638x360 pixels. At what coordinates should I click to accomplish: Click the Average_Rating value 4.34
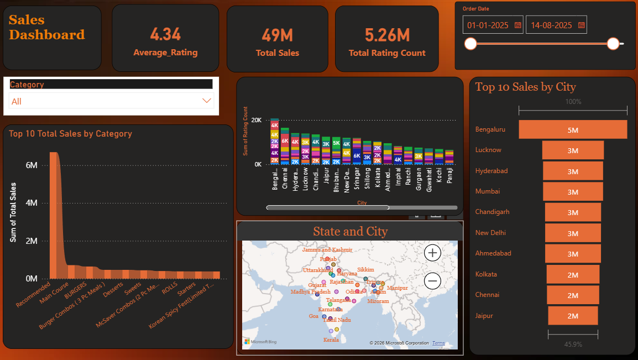point(165,35)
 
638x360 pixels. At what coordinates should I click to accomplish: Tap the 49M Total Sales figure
point(277,35)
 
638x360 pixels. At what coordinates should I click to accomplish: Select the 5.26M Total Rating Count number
point(387,35)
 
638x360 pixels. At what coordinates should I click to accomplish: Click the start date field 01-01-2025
point(489,25)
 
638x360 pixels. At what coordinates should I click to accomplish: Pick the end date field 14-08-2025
point(551,25)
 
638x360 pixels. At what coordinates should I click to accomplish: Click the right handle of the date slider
point(613,44)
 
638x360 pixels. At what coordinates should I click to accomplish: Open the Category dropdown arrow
point(207,101)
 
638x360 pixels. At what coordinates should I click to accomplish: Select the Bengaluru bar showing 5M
point(572,129)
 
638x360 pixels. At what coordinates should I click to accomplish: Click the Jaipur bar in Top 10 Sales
point(573,316)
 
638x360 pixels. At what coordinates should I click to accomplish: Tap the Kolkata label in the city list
point(486,274)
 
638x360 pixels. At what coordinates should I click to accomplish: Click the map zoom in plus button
point(432,253)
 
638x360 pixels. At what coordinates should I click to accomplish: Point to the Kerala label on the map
point(331,340)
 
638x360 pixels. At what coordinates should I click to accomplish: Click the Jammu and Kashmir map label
point(327,250)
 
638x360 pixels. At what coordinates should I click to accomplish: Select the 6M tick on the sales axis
point(32,165)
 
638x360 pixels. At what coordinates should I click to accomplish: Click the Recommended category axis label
point(33,296)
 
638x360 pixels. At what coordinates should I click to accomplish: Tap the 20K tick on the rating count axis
point(256,120)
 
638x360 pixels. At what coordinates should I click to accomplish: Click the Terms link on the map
point(438,343)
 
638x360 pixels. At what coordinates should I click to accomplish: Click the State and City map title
point(350,231)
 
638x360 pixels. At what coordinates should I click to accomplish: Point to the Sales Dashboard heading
point(46,28)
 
